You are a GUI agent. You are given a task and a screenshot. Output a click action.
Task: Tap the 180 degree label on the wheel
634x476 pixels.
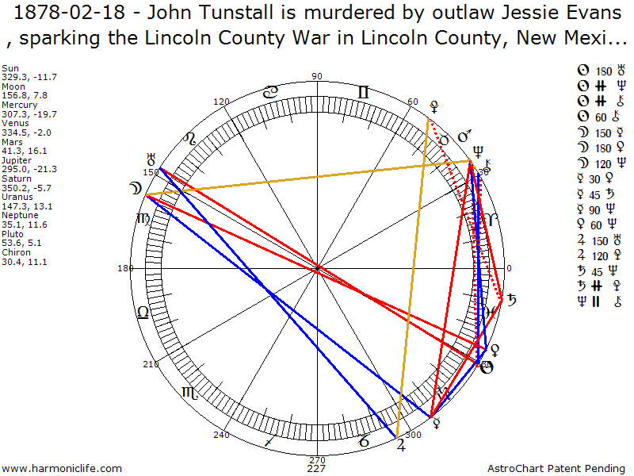(x=125, y=268)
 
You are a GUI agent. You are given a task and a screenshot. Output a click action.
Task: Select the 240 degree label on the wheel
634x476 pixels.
(x=221, y=434)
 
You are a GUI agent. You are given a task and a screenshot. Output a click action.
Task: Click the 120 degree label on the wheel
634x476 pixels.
(x=222, y=102)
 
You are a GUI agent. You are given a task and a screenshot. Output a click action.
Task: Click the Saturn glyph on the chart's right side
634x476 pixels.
(x=512, y=300)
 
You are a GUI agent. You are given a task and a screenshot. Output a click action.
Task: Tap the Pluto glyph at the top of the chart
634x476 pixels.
(x=433, y=105)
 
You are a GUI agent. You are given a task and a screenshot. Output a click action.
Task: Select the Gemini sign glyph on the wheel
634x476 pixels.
(x=363, y=93)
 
